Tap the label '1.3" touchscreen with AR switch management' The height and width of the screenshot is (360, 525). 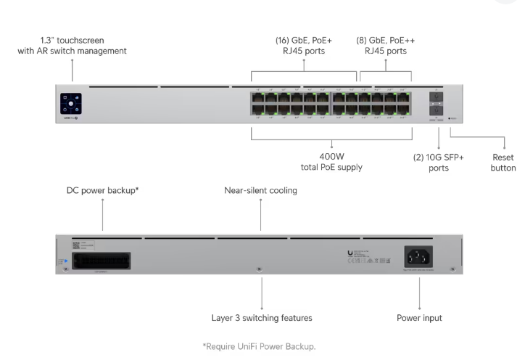point(72,45)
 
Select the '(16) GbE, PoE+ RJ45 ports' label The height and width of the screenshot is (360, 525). point(303,45)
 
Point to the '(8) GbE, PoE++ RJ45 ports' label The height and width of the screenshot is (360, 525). point(385,45)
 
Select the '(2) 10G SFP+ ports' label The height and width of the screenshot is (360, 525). point(434,162)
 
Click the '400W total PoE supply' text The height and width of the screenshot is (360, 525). point(331,162)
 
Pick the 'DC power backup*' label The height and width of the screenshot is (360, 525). point(102,190)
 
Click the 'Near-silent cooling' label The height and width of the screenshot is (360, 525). point(261,190)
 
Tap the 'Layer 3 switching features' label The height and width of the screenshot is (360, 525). point(261,318)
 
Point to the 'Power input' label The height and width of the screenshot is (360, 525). point(420,318)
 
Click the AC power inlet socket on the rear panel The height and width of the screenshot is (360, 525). point(420,256)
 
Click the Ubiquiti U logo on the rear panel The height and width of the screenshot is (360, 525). point(350,253)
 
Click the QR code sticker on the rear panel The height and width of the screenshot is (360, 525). point(76,245)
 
